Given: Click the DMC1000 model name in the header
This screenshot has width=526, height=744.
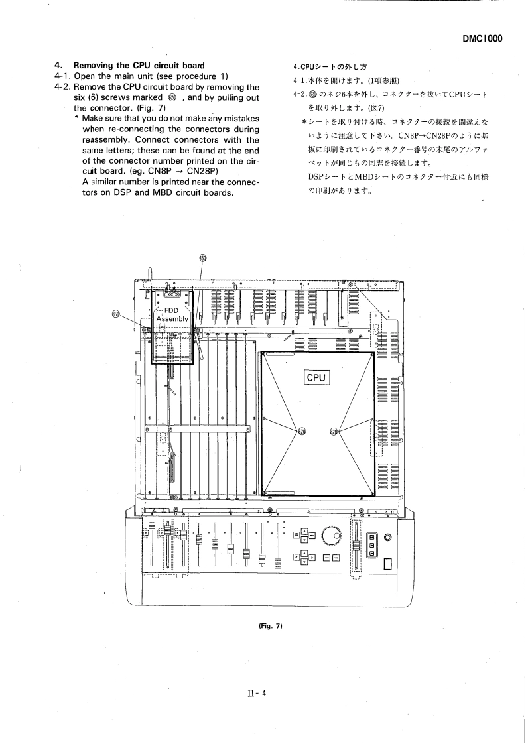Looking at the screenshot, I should coord(482,38).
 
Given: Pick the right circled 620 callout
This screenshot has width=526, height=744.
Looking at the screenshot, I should coord(334,432).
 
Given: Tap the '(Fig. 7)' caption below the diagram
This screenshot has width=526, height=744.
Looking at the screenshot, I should coord(263,627).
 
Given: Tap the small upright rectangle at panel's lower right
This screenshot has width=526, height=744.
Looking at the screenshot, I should coord(387,564).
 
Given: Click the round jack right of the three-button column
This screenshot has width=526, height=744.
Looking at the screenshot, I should coord(387,536).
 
